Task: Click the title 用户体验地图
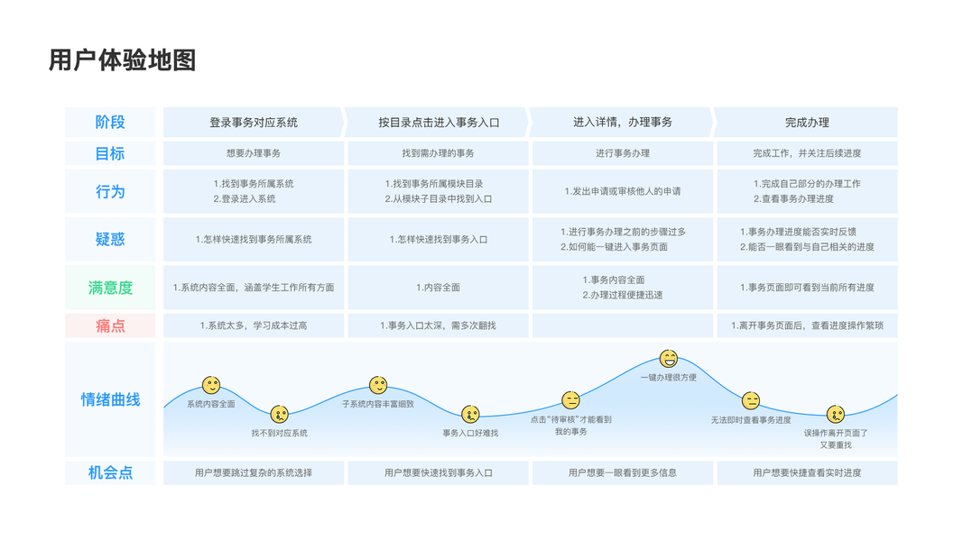click(x=122, y=60)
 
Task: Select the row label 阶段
click(x=110, y=122)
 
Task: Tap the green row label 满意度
click(x=110, y=288)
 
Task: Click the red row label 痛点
click(x=110, y=326)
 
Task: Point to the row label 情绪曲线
click(x=110, y=399)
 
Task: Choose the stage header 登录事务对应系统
click(x=254, y=122)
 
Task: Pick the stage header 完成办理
click(x=806, y=122)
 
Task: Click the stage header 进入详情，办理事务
click(x=622, y=122)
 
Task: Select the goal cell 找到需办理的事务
click(x=438, y=153)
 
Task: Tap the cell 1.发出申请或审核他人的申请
click(x=622, y=191)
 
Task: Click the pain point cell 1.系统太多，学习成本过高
click(x=254, y=326)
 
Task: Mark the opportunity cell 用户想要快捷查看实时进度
click(x=807, y=472)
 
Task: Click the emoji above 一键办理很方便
click(x=669, y=359)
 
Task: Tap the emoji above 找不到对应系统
click(x=280, y=415)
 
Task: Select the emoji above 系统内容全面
click(x=211, y=386)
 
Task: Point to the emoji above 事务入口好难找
click(x=470, y=414)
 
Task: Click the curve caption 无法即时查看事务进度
click(x=751, y=420)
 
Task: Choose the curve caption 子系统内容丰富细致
click(x=378, y=404)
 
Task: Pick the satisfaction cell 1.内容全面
click(x=438, y=288)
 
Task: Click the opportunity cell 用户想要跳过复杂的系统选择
click(x=254, y=472)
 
